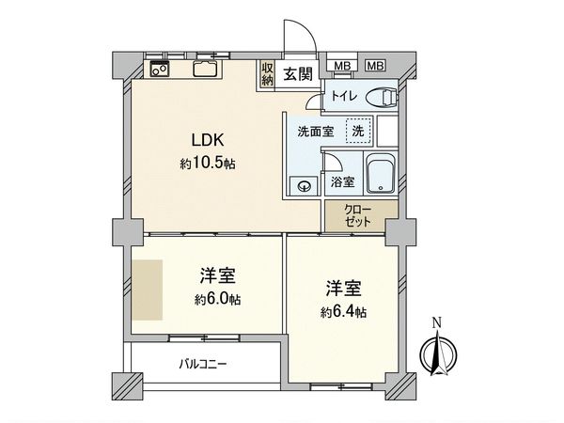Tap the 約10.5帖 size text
(208, 164)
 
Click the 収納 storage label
(268, 73)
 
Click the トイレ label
(340, 96)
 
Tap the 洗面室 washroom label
(315, 131)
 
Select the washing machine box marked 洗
(357, 131)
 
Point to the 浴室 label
(342, 182)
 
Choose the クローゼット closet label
(358, 215)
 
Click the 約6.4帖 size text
(342, 311)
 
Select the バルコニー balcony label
(203, 363)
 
